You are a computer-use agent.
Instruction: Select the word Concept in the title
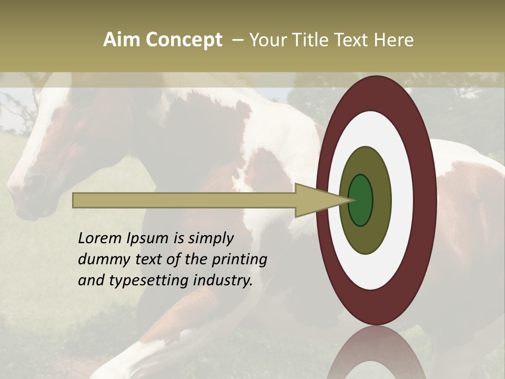point(183,40)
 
